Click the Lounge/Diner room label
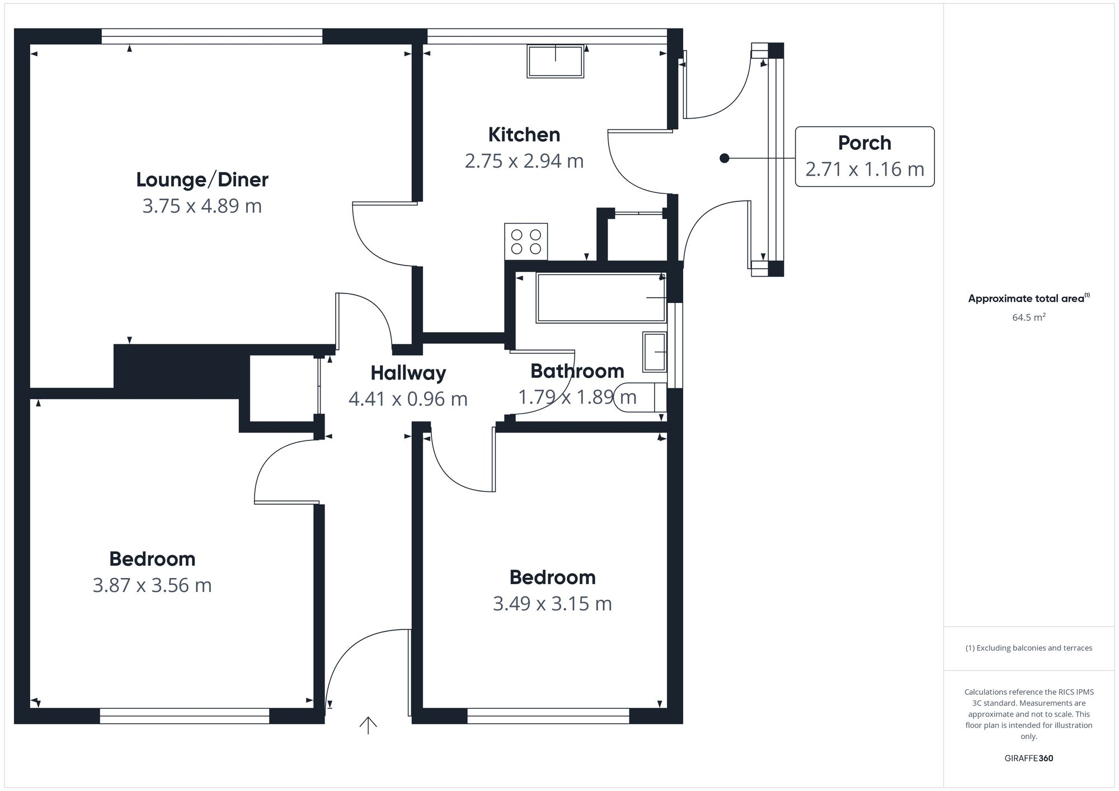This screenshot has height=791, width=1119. pyautogui.click(x=202, y=179)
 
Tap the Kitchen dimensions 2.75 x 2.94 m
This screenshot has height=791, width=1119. pyautogui.click(x=524, y=161)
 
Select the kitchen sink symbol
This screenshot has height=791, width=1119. pyautogui.click(x=555, y=61)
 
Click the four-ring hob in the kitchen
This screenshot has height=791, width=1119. pyautogui.click(x=526, y=241)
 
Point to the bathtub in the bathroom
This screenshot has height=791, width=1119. pyautogui.click(x=600, y=297)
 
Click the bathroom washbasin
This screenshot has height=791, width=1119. pyautogui.click(x=655, y=352)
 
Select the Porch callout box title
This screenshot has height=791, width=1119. pyautogui.click(x=864, y=143)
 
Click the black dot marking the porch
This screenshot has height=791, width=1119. pyautogui.click(x=725, y=158)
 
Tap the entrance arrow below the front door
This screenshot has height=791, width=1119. pyautogui.click(x=368, y=726)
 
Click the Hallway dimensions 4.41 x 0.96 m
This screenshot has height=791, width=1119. pyautogui.click(x=408, y=399)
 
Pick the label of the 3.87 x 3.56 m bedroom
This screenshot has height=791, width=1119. pyautogui.click(x=152, y=559)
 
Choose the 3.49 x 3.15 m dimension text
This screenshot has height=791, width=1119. pyautogui.click(x=552, y=604)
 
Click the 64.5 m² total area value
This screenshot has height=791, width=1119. pyautogui.click(x=1028, y=318)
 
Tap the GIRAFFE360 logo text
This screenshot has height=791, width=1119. pyautogui.click(x=1028, y=759)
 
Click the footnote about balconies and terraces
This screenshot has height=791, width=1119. pyautogui.click(x=1028, y=648)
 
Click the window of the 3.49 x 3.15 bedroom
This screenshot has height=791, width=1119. pyautogui.click(x=548, y=716)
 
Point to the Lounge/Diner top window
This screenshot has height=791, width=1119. pyautogui.click(x=212, y=36)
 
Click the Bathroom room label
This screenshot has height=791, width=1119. pyautogui.click(x=577, y=371)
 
